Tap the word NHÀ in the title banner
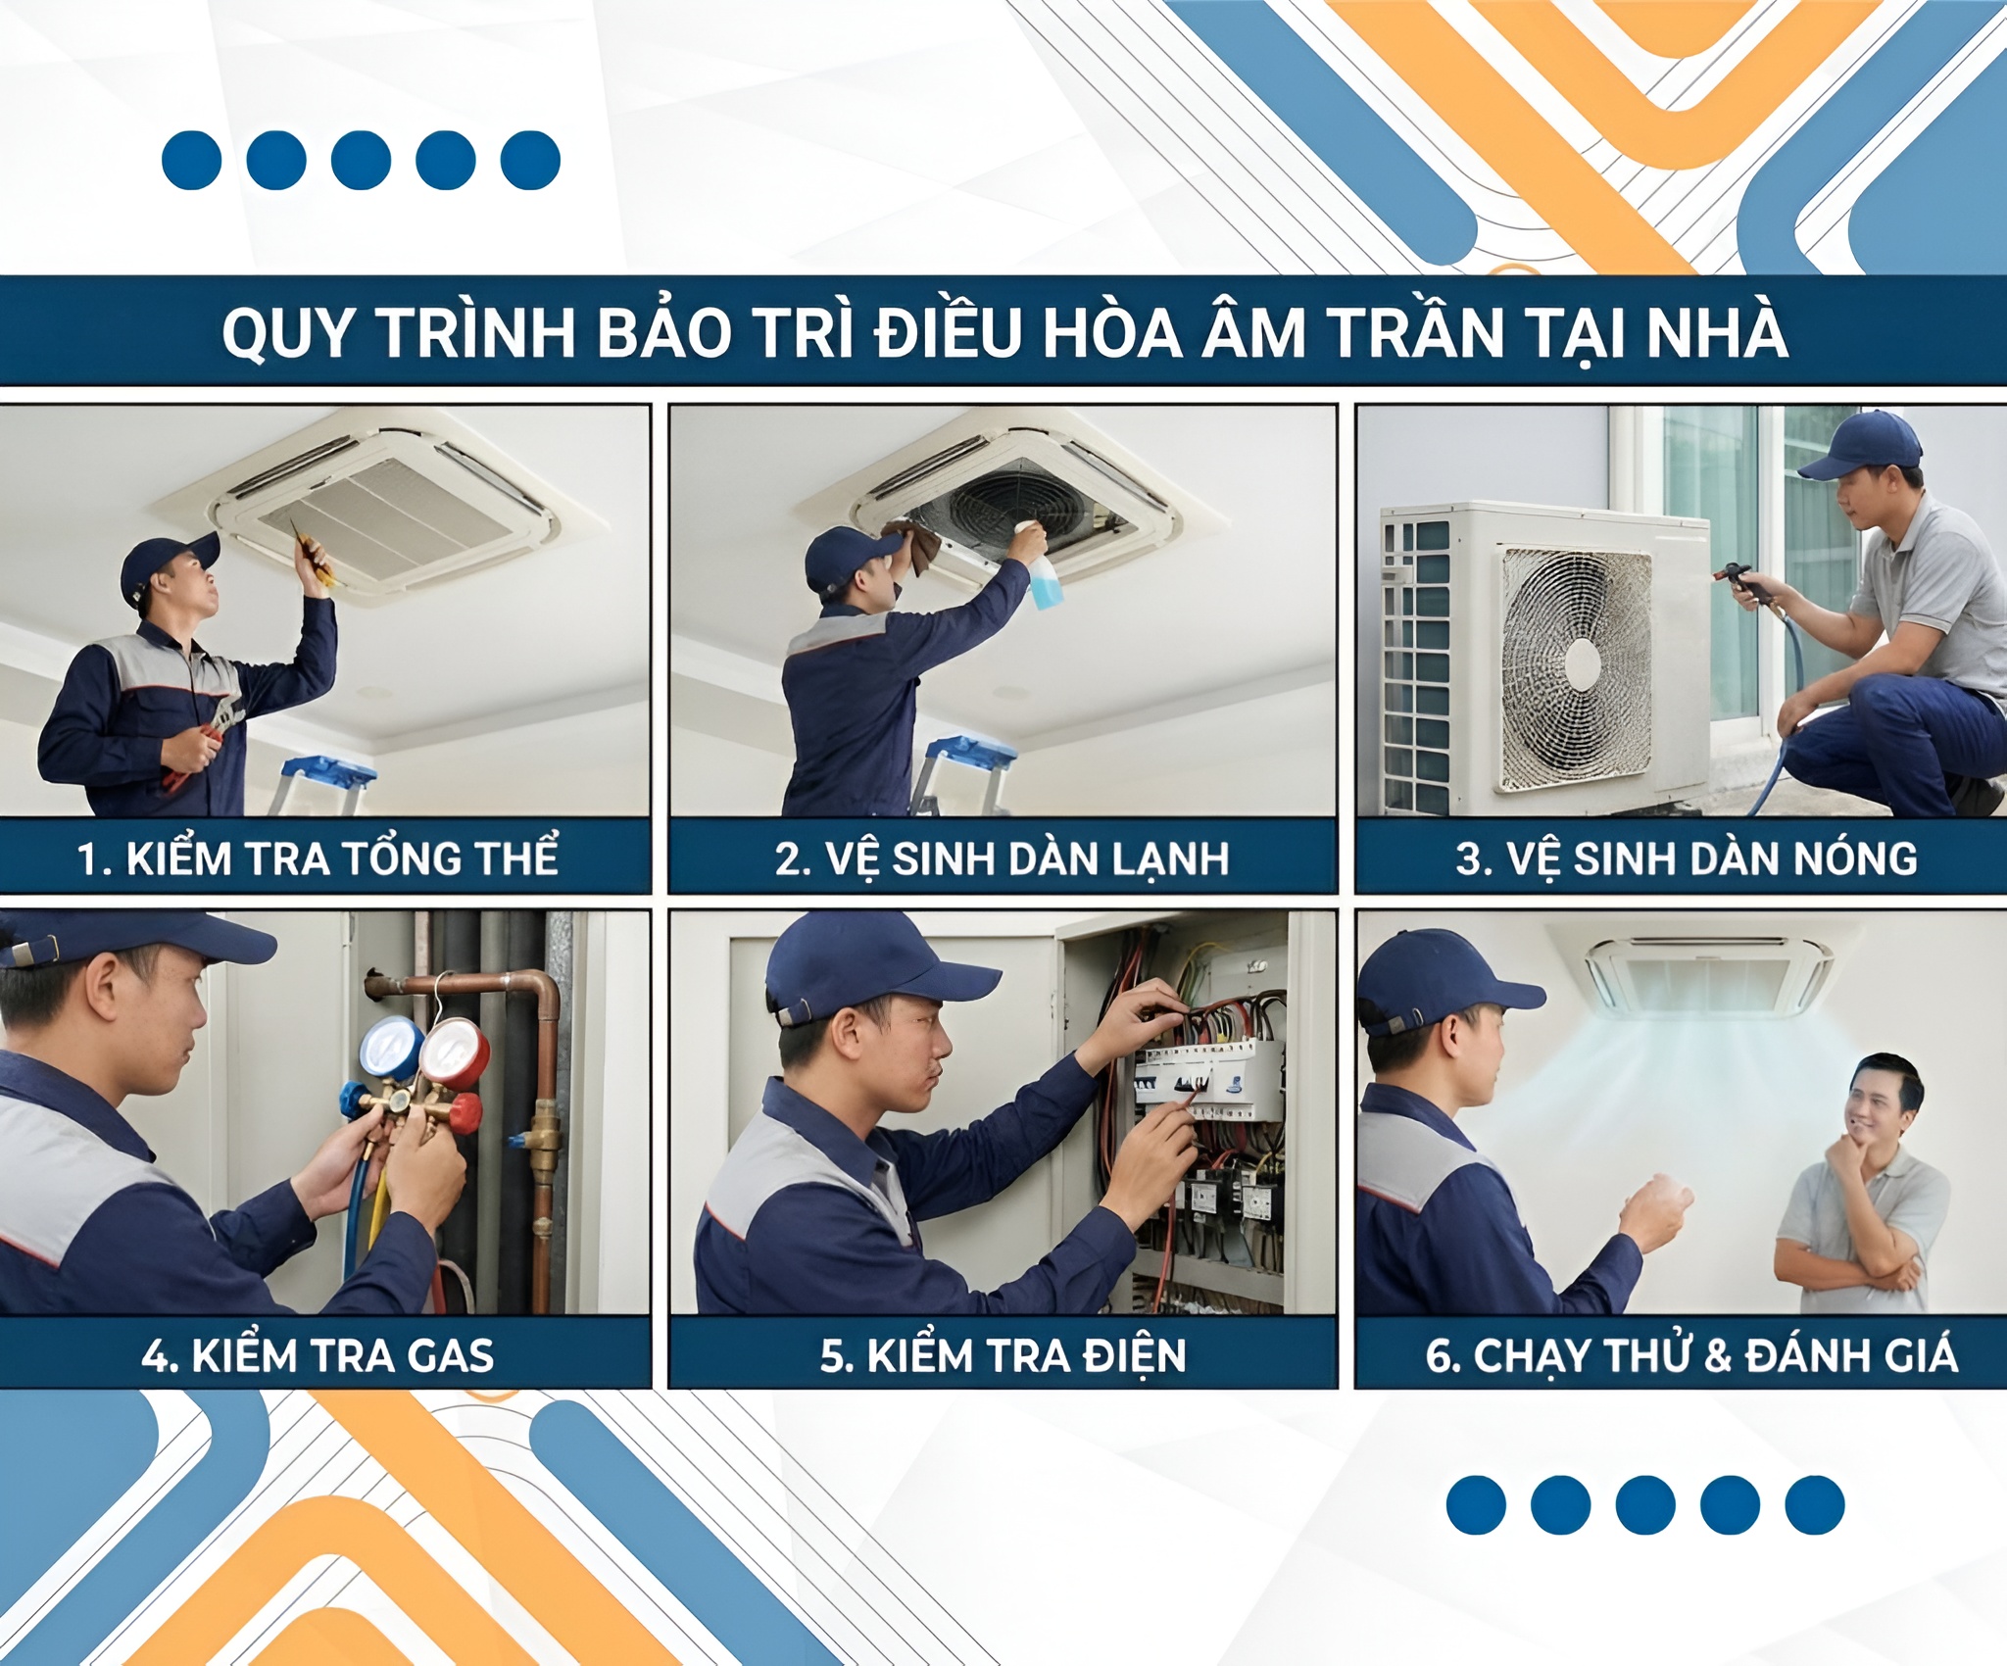click(x=1716, y=333)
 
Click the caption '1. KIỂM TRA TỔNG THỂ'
click(x=318, y=858)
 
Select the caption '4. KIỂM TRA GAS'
click(x=318, y=1355)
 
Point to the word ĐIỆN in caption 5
click(x=1134, y=1355)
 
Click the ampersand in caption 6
click(x=1718, y=1355)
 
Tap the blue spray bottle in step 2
click(x=1041, y=578)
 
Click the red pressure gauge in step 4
click(x=455, y=1053)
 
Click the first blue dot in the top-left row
click(x=191, y=160)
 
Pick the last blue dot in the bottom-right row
click(x=1814, y=1503)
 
